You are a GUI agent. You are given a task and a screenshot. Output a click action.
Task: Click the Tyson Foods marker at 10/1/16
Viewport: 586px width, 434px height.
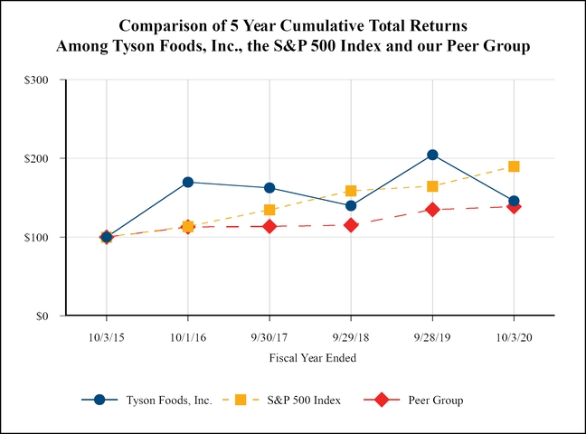188,182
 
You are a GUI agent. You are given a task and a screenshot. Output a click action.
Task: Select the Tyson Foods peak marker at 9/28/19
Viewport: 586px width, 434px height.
432,155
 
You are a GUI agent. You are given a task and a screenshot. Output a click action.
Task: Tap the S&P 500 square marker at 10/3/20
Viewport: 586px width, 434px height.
514,166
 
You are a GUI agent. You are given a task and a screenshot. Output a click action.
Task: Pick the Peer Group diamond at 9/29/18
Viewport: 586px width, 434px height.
351,225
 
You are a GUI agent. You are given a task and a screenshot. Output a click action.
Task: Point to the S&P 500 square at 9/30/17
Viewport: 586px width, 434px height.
269,210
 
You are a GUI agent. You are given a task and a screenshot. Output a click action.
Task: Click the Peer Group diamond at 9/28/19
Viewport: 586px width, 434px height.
432,210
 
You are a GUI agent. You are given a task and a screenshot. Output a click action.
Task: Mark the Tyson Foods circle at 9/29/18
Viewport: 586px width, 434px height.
351,205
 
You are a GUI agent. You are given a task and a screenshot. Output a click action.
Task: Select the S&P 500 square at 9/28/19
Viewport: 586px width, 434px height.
432,186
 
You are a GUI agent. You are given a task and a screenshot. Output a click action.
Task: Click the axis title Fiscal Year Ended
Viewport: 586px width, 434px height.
312,357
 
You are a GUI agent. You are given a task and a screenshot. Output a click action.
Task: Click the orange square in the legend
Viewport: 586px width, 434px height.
241,400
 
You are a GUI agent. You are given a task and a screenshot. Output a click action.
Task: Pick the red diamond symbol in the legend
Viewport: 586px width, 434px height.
383,400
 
